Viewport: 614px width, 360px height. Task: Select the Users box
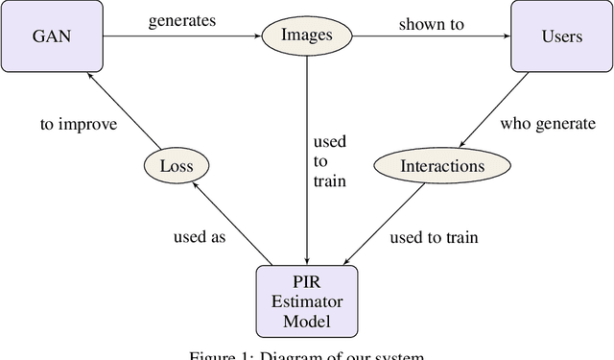pos(560,36)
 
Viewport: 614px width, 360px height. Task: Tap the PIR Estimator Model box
pos(306,301)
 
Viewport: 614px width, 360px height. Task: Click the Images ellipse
pos(306,36)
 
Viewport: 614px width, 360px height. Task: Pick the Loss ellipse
pos(176,166)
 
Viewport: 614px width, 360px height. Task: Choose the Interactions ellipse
pos(442,166)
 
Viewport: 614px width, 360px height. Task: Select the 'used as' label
pos(200,236)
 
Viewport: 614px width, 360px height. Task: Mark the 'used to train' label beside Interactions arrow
pos(434,236)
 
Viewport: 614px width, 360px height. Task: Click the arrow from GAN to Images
pos(182,36)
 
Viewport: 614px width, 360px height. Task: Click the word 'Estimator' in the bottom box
pos(306,301)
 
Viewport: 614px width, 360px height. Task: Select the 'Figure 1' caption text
pos(307,354)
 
